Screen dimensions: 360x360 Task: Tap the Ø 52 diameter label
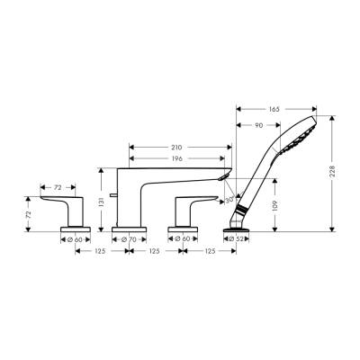coord(237,238)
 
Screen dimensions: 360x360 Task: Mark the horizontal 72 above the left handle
coord(58,187)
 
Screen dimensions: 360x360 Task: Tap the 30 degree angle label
coord(229,198)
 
